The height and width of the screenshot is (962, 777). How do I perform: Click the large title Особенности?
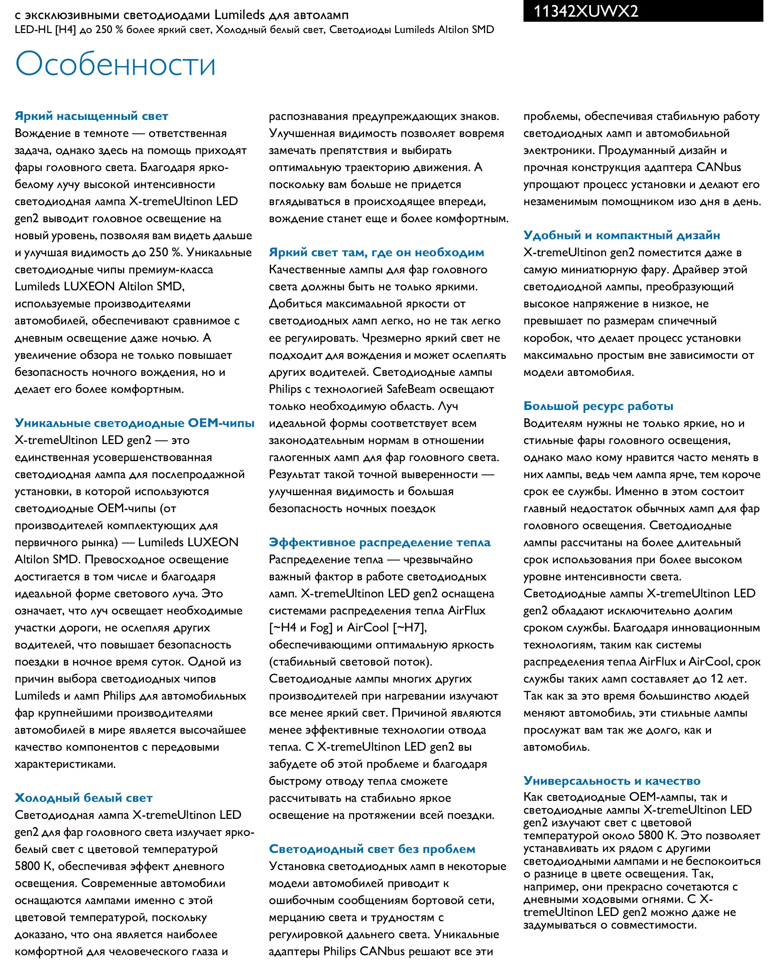click(x=116, y=64)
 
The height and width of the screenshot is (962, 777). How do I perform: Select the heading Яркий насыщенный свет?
click(x=91, y=116)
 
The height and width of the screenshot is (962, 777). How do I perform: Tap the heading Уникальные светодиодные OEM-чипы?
click(x=134, y=423)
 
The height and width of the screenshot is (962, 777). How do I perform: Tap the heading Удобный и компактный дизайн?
click(x=622, y=235)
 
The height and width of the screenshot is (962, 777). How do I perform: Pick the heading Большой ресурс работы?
click(x=598, y=406)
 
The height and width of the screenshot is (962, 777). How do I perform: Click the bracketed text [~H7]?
click(x=410, y=628)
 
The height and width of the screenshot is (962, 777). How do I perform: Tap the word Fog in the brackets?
click(x=320, y=628)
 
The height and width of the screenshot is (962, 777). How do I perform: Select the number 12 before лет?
click(x=717, y=679)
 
